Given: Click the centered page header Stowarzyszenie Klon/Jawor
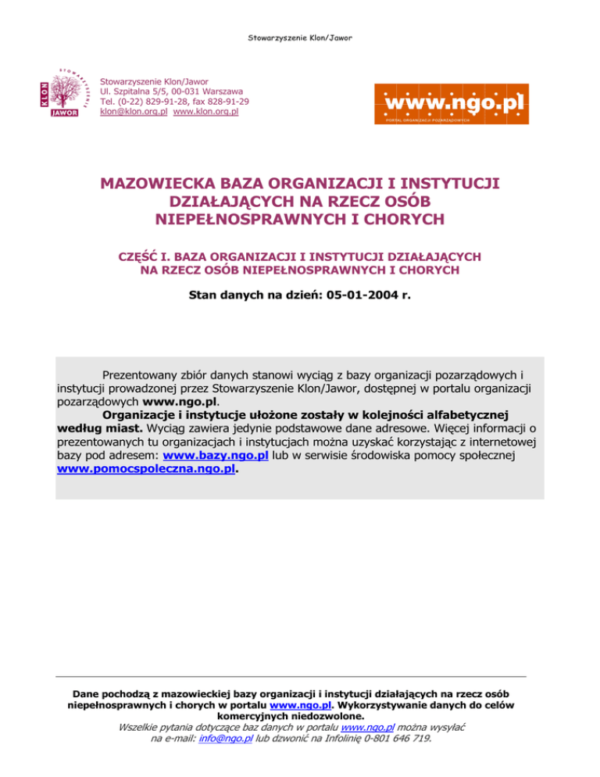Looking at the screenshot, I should tap(300, 15).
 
